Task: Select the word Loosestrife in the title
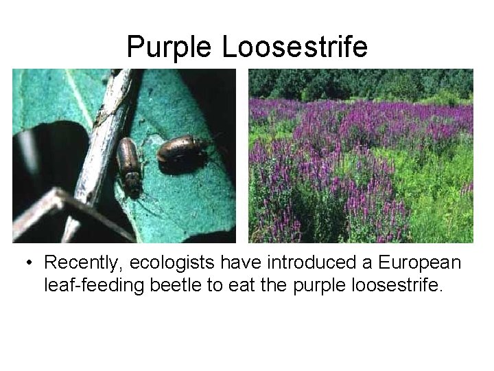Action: (294, 47)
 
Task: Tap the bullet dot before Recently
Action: (30, 264)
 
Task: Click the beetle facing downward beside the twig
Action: (128, 166)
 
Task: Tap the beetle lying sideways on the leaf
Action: (183, 148)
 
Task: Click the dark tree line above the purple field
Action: (360, 83)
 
